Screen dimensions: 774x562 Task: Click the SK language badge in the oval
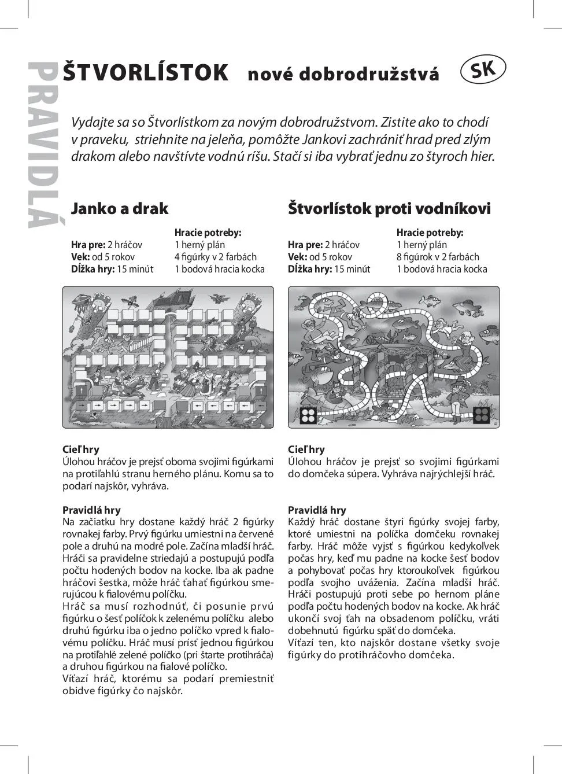click(483, 69)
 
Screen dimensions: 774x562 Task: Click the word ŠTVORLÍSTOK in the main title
click(145, 73)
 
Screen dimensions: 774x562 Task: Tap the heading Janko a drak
click(119, 208)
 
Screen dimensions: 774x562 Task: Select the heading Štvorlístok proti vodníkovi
click(389, 208)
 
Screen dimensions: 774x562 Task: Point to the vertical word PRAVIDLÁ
click(43, 145)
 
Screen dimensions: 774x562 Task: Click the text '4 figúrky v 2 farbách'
click(215, 257)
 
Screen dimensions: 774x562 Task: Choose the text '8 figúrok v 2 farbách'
click(438, 257)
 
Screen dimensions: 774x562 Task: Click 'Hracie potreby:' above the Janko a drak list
click(208, 233)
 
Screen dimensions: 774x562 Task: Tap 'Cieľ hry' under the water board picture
click(306, 449)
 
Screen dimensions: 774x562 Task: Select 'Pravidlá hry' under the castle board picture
click(91, 510)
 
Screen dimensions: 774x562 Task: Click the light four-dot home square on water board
click(308, 415)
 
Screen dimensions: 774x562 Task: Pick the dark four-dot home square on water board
click(481, 414)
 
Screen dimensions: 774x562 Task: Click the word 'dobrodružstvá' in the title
click(343, 74)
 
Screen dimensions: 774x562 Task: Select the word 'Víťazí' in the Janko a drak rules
click(76, 679)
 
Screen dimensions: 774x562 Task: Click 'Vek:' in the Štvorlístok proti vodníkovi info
click(297, 257)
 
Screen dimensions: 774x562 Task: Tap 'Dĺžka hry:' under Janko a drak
click(93, 269)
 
